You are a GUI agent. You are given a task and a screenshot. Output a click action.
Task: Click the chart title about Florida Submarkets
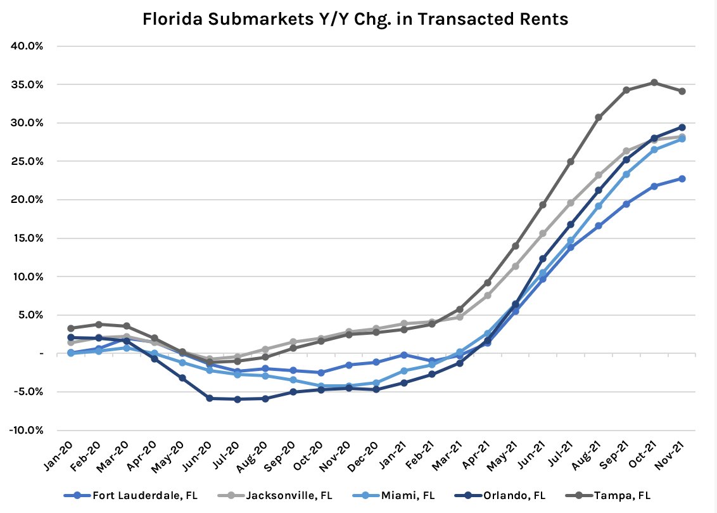(355, 19)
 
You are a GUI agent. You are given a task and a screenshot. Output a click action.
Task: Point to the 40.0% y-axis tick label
(26, 46)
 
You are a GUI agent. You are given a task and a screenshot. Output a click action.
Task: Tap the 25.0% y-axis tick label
(26, 161)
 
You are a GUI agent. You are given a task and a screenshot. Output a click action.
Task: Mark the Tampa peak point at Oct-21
(654, 82)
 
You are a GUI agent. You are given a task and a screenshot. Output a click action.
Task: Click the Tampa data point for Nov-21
(682, 91)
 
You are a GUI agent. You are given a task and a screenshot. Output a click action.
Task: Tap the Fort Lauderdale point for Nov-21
(682, 179)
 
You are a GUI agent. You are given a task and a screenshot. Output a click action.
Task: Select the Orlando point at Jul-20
(237, 399)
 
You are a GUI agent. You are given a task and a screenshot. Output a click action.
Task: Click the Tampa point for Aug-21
(598, 117)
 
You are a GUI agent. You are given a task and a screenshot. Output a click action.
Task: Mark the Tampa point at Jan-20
(70, 328)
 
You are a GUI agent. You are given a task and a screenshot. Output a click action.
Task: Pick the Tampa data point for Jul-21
(570, 162)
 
